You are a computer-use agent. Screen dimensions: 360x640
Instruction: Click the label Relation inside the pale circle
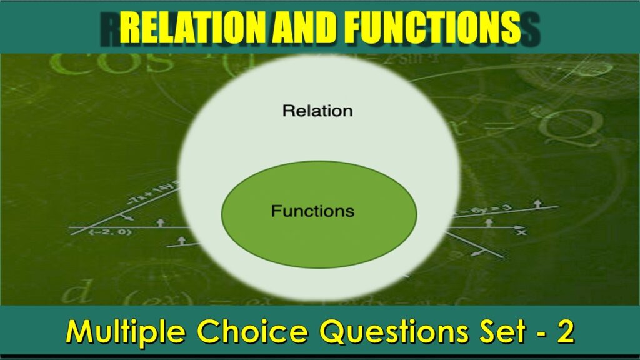pyautogui.click(x=317, y=111)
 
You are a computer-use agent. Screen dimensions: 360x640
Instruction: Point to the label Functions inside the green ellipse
pyautogui.click(x=312, y=211)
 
